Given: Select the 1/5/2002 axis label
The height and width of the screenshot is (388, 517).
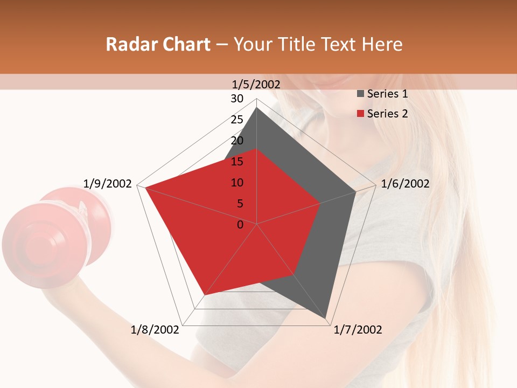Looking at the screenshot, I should click(x=256, y=84).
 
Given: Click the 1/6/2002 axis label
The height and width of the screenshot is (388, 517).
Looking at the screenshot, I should click(x=405, y=184).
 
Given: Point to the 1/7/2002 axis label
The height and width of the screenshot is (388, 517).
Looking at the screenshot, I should click(x=358, y=330).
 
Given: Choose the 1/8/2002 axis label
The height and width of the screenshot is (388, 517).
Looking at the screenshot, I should click(x=155, y=330).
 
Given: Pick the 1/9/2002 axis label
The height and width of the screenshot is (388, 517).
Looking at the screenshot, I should click(x=107, y=184).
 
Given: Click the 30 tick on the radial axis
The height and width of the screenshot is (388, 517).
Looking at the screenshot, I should click(x=237, y=99).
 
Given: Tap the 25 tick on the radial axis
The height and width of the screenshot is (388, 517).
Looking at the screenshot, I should click(x=237, y=120).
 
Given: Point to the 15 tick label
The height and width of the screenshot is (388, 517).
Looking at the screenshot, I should click(x=237, y=162).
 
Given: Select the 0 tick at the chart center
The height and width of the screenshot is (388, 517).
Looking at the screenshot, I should click(x=240, y=225).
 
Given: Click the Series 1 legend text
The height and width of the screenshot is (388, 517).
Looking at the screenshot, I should click(x=387, y=94).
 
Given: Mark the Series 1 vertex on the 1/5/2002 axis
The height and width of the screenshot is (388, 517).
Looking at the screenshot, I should click(x=256, y=108).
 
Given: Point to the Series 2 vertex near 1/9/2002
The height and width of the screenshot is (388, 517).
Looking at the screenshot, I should click(x=145, y=188).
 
